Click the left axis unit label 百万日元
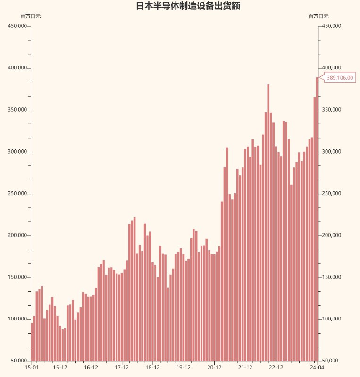(x=31, y=16)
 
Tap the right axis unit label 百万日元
(x=318, y=16)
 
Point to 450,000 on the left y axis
(x=17, y=26)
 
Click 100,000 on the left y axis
(x=17, y=319)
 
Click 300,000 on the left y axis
(x=17, y=152)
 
